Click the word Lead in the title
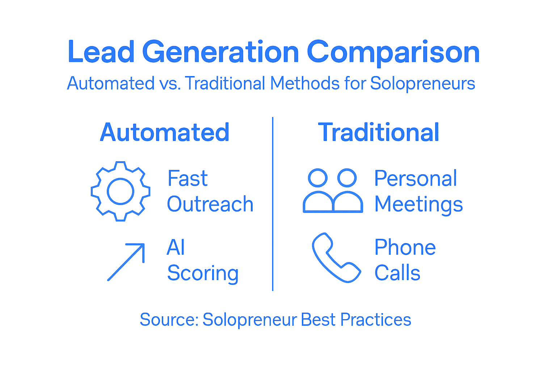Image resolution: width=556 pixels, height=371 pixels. pyautogui.click(x=101, y=52)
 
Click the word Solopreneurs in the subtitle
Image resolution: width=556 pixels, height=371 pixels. pyautogui.click(x=422, y=83)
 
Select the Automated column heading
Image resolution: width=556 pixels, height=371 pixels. pyautogui.click(x=165, y=132)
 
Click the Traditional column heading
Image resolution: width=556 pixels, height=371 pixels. pyautogui.click(x=379, y=132)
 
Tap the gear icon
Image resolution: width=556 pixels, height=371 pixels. pyautogui.click(x=121, y=191)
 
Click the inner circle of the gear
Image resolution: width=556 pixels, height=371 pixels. pyautogui.click(x=121, y=191)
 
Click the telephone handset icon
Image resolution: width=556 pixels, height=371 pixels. pyautogui.click(x=336, y=258)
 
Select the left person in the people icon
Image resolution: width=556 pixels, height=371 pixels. pyautogui.click(x=318, y=192)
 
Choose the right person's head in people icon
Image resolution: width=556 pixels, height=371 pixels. pyautogui.click(x=347, y=178)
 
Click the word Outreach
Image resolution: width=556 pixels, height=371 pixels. pyautogui.click(x=210, y=204)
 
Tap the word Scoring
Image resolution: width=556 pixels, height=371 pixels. pyautogui.click(x=203, y=273)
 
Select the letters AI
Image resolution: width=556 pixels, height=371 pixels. pyautogui.click(x=176, y=248)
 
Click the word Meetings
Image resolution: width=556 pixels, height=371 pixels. pyautogui.click(x=418, y=204)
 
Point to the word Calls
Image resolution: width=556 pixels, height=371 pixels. pyautogui.click(x=397, y=273)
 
